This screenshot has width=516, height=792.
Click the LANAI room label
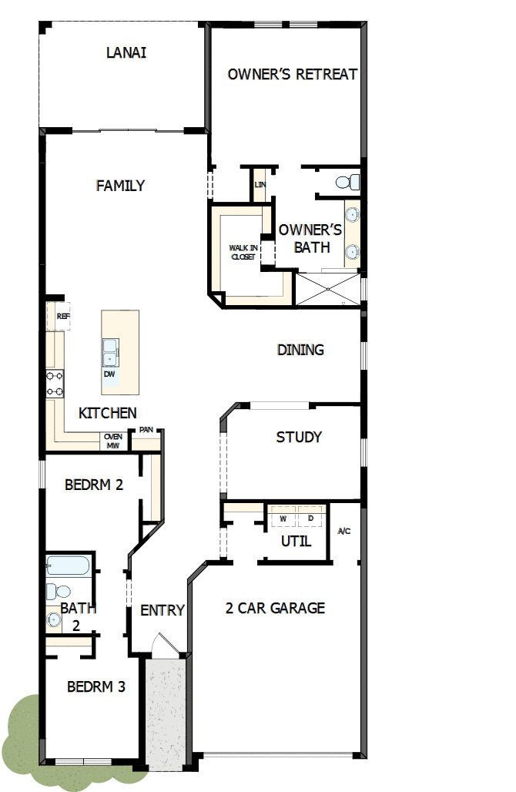[x=126, y=53]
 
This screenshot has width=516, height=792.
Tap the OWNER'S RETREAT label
[x=293, y=75]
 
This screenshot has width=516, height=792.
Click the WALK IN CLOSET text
[x=242, y=252]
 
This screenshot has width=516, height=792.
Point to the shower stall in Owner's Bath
[x=327, y=290]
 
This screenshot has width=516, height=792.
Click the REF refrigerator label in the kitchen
[x=63, y=316]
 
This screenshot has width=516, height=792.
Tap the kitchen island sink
[x=111, y=351]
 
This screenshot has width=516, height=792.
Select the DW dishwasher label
[x=109, y=374]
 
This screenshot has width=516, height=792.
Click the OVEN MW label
[x=112, y=441]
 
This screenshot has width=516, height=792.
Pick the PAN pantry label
[x=146, y=430]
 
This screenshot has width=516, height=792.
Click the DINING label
[x=300, y=350]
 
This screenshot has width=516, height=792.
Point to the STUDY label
[x=299, y=438]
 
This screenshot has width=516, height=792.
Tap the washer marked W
[x=283, y=518]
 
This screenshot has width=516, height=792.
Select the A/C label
[x=344, y=532]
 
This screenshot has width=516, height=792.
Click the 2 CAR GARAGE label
[x=275, y=609]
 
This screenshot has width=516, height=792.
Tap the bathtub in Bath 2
[x=69, y=566]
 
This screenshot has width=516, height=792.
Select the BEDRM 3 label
[x=95, y=686]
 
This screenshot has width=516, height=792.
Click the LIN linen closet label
[x=260, y=185]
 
